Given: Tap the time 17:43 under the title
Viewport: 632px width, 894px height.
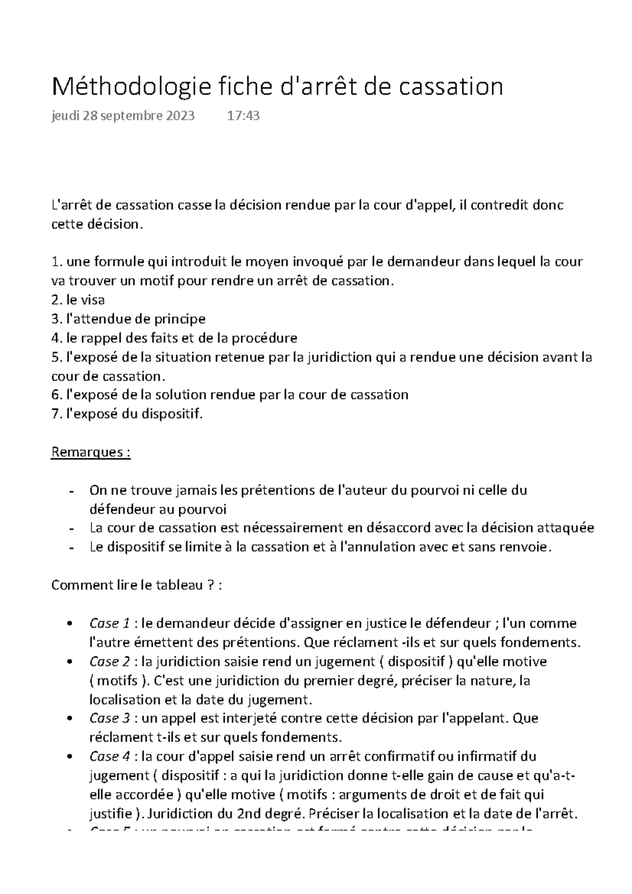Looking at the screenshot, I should [x=243, y=116].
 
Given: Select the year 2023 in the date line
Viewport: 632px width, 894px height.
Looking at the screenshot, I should [x=180, y=116].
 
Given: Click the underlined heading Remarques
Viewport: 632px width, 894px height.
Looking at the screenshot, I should [x=90, y=452].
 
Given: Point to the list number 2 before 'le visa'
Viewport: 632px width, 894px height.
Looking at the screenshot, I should [x=56, y=300].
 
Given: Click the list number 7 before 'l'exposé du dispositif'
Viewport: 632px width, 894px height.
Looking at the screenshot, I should [x=56, y=414].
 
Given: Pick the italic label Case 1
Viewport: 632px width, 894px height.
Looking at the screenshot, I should [x=110, y=623].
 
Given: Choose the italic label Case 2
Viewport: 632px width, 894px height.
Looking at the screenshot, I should [x=110, y=661].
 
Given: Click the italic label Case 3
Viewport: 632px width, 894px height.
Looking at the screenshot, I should [x=110, y=718].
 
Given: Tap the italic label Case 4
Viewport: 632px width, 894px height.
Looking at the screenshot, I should [x=110, y=756].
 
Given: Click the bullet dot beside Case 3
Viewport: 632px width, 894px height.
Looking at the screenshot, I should [x=70, y=719].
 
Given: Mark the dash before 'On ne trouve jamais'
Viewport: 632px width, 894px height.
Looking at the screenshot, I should [x=70, y=491].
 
